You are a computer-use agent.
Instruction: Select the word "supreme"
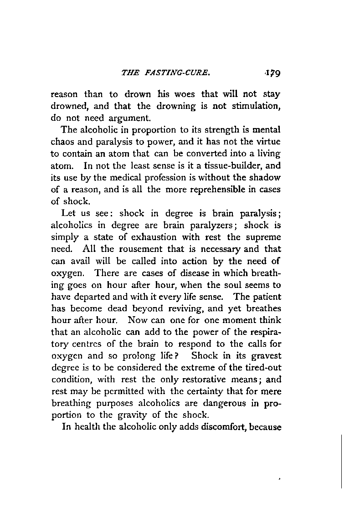point(263,237)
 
